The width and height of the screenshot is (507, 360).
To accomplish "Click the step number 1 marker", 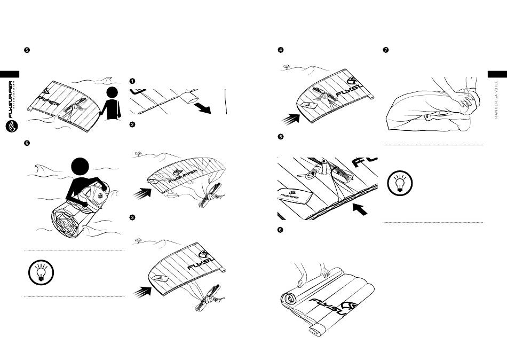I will (x=132, y=81).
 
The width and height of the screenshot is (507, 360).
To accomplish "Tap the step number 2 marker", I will (x=132, y=125).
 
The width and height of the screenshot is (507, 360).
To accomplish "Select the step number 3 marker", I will (x=132, y=217).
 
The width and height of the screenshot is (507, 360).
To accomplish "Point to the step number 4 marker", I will (x=280, y=50).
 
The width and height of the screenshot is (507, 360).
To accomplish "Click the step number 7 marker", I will (x=386, y=50).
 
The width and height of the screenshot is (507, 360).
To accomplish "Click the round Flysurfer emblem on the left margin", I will (x=11, y=126).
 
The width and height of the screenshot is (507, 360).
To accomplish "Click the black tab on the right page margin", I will (x=497, y=74).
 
